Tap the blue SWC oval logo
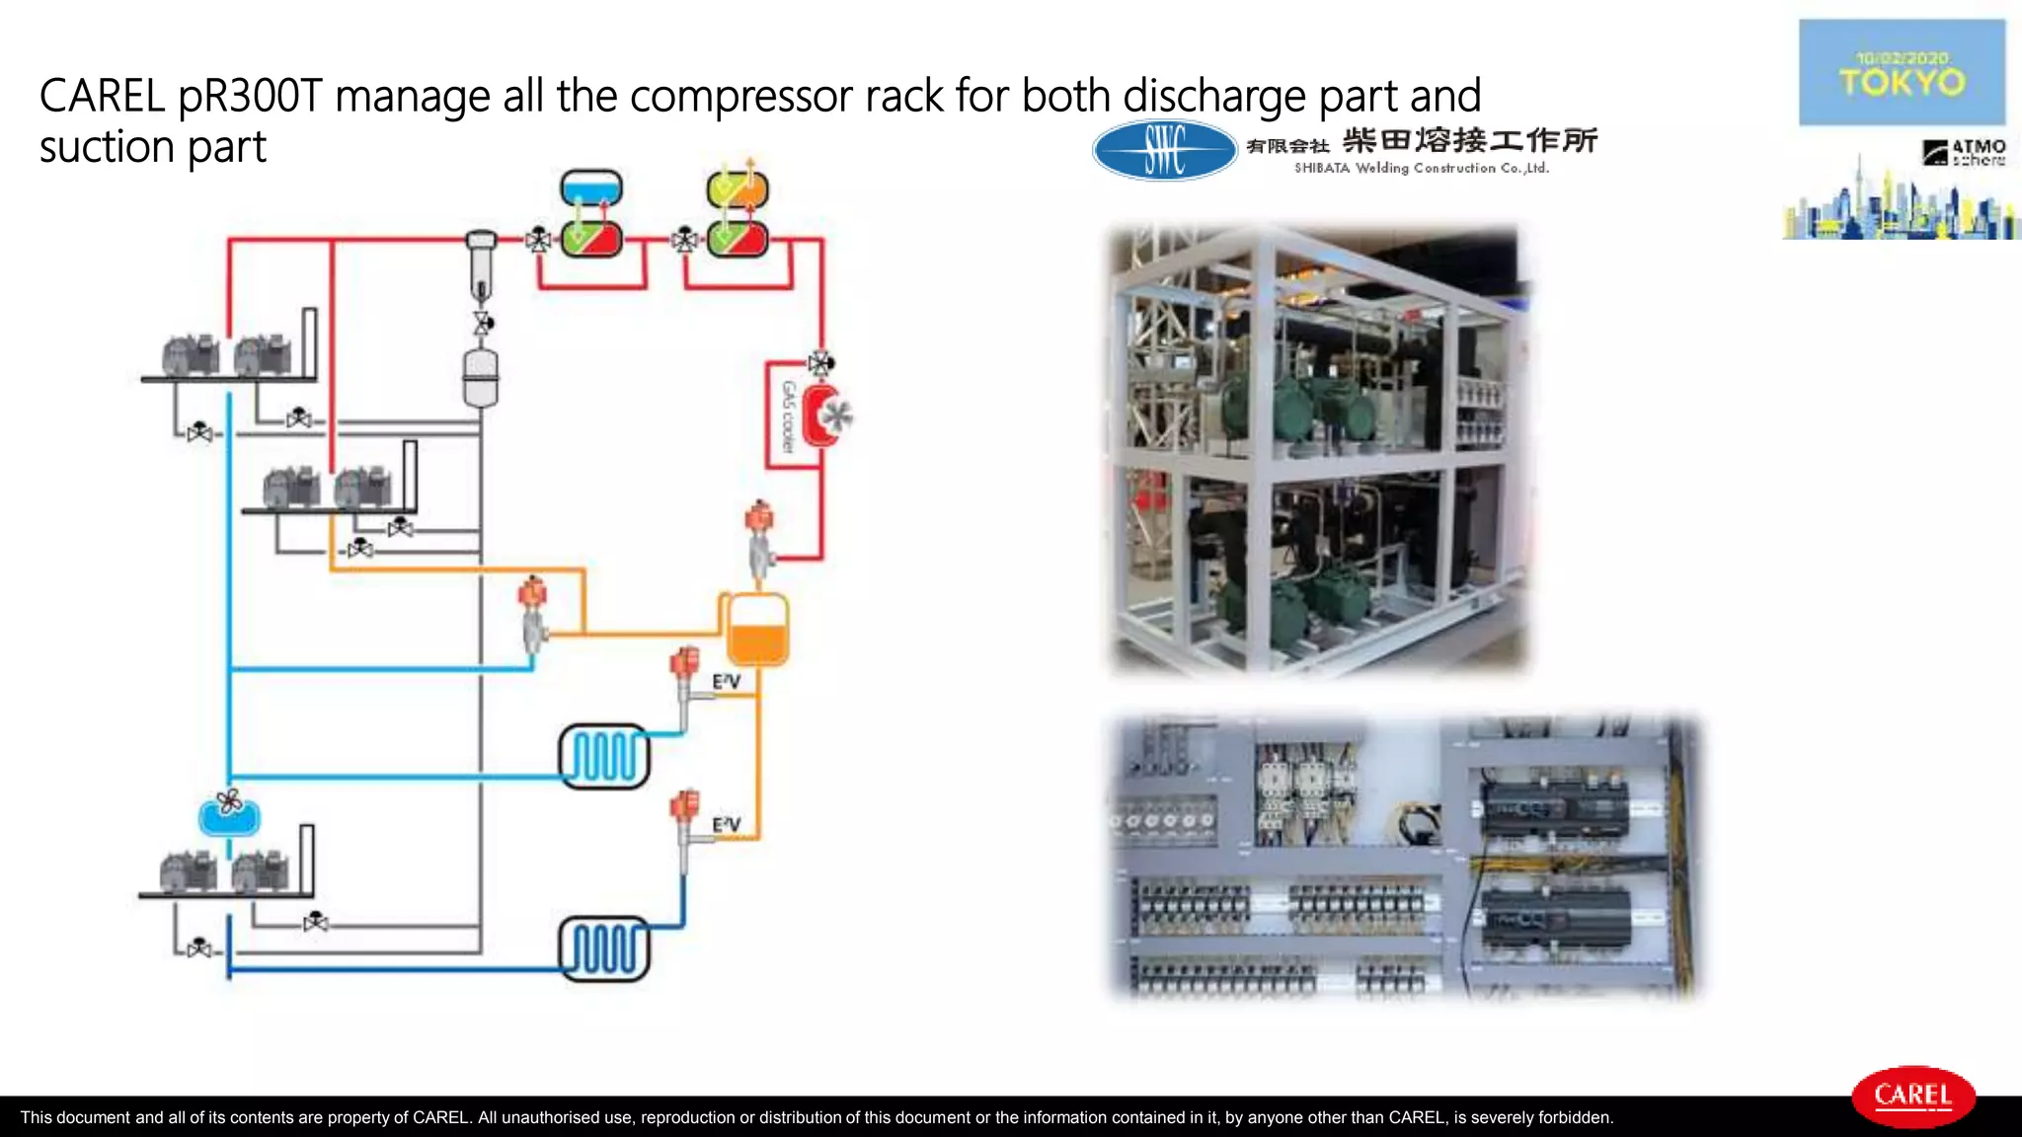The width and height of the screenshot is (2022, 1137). pyautogui.click(x=1164, y=150)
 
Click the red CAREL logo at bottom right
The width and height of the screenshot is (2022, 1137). pyautogui.click(x=1912, y=1096)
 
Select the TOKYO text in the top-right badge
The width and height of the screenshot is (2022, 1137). pyautogui.click(x=1902, y=82)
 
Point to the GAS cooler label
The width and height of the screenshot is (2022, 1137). pyautogui.click(x=788, y=417)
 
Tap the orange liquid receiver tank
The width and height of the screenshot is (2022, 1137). pyautogui.click(x=757, y=630)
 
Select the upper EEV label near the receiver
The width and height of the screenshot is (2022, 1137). pyautogui.click(x=726, y=681)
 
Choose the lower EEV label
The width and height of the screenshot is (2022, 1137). pyautogui.click(x=726, y=824)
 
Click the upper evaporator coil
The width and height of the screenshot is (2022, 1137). pyautogui.click(x=604, y=757)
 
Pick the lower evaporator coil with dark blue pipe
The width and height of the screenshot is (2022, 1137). pyautogui.click(x=604, y=948)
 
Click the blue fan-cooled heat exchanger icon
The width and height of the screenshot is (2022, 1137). pyautogui.click(x=229, y=814)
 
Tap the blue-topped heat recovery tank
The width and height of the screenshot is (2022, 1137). pyautogui.click(x=590, y=189)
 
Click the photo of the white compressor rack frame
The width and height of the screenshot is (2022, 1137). pyautogui.click(x=1317, y=450)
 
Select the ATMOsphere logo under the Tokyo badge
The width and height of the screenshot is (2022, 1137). pyautogui.click(x=1964, y=152)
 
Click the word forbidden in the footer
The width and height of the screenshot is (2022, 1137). pyautogui.click(x=1574, y=1117)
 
